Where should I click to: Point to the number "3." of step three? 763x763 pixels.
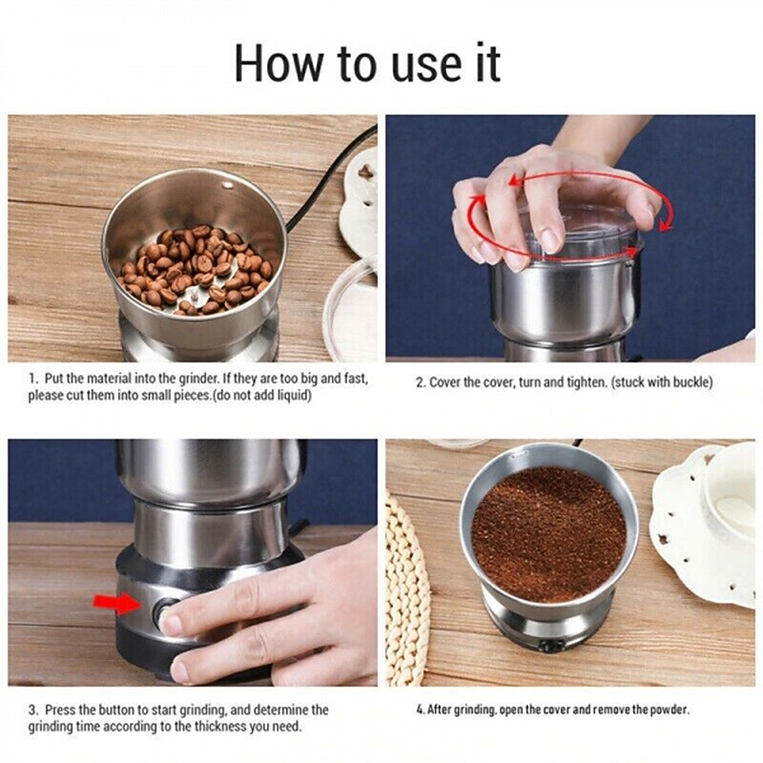32,710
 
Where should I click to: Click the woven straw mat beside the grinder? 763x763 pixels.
407,591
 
